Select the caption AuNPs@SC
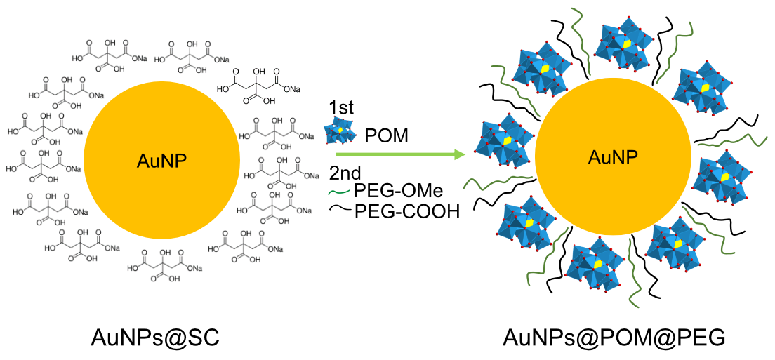[x=155, y=337]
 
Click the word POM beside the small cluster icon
[x=386, y=135]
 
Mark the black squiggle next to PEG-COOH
[x=340, y=209]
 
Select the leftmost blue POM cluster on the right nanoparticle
[x=504, y=140]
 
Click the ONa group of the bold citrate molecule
[x=291, y=89]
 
